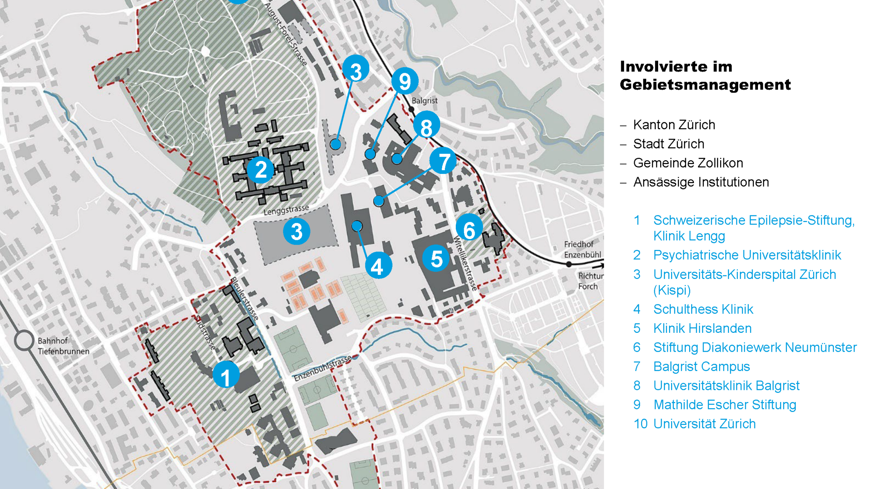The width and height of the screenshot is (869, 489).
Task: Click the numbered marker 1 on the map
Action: coord(226,375)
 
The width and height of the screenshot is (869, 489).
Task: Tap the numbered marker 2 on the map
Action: coord(260,169)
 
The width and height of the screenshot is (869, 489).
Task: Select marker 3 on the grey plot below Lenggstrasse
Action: coord(297,231)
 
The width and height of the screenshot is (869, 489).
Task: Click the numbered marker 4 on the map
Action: coord(378,266)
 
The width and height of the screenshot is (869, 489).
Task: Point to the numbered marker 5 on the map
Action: coord(436,258)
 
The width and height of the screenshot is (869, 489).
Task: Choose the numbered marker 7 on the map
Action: coord(443,161)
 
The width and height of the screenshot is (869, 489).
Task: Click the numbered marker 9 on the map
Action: coord(404,81)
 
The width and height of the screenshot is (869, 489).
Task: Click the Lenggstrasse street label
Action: coord(286,209)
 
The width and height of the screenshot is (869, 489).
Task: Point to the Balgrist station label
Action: coord(424,101)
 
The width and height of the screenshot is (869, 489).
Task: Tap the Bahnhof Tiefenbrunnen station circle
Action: coord(24,340)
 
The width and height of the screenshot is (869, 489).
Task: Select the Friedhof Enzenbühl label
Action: coord(582,250)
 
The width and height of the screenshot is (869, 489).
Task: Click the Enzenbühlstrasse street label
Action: coord(323,369)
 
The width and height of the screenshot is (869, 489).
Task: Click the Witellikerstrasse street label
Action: coord(465,264)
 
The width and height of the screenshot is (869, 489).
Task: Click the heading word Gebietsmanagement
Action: coord(705,85)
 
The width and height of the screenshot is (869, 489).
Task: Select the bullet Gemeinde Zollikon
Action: coord(688,163)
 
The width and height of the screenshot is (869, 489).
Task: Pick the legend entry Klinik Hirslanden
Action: coord(702,328)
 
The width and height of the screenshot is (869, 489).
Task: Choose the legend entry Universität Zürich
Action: coord(704,424)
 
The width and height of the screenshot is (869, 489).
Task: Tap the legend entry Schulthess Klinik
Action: coord(703,309)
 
